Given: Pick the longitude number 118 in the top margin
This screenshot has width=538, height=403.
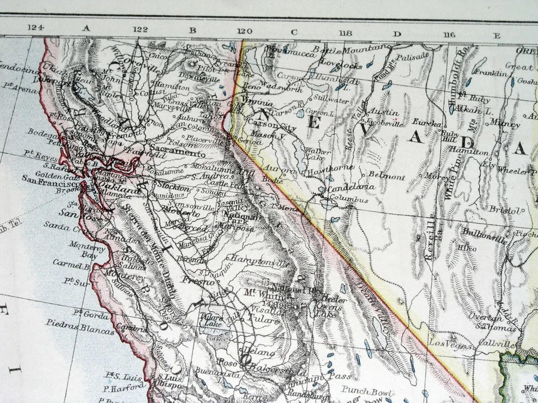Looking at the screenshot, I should (345, 32).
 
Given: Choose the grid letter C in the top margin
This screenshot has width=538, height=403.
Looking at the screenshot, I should (294, 32).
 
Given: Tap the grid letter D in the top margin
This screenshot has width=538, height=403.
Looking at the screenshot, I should (397, 34).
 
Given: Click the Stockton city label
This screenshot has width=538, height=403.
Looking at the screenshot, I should (173, 188).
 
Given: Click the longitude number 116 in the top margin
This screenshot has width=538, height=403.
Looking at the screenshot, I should (448, 35).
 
